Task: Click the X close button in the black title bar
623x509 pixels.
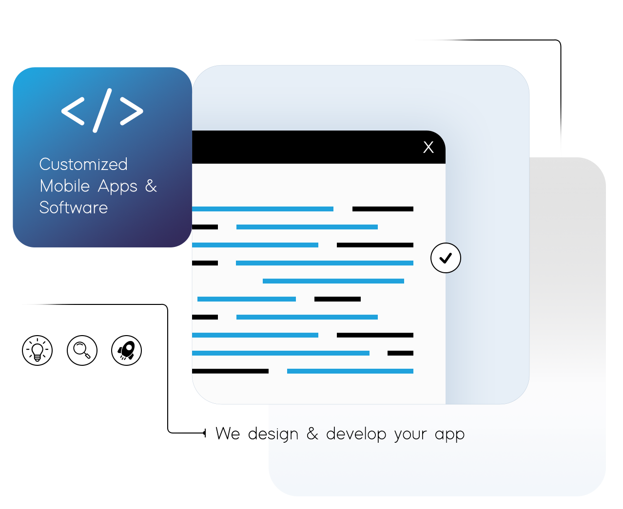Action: click(428, 147)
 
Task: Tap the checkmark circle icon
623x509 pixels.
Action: click(446, 258)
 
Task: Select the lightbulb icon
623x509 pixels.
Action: click(37, 350)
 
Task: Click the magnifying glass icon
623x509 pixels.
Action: click(82, 350)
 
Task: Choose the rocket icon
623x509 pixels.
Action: click(126, 350)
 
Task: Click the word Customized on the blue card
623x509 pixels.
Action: click(83, 164)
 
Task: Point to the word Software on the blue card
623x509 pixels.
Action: click(74, 207)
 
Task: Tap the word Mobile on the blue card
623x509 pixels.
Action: click(65, 186)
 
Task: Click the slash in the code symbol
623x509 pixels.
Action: click(102, 111)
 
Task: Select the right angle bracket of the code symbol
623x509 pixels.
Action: click(132, 111)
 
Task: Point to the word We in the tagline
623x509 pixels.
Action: click(228, 434)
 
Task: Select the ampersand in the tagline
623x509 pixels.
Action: click(312, 434)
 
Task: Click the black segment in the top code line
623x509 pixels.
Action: click(383, 209)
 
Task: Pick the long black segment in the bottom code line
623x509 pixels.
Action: click(230, 371)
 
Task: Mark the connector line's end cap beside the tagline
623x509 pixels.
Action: click(205, 433)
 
